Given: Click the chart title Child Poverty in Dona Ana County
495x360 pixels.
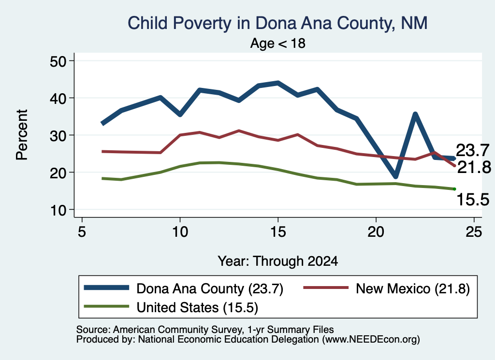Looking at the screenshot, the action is [277, 23].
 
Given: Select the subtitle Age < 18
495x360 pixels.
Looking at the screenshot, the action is [278, 43].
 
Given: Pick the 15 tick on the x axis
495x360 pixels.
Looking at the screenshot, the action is [278, 232].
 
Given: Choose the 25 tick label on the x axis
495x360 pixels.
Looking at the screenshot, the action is [474, 232].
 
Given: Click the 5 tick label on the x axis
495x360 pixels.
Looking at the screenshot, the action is [82, 232].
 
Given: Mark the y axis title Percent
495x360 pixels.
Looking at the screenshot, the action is [22, 135].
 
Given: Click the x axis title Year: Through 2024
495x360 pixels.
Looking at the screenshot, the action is [278, 261].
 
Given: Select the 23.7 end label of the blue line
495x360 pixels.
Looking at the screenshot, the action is [473, 150].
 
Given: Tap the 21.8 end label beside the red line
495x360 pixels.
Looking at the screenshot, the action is [474, 167].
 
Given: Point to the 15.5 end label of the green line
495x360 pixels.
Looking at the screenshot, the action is [473, 200].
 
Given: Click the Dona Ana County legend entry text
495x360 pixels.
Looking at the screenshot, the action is [210, 288].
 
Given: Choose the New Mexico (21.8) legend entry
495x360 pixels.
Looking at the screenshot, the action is [413, 288].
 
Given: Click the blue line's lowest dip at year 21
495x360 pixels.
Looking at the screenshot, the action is [395, 176].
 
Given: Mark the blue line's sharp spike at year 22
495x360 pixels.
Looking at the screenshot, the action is [415, 115].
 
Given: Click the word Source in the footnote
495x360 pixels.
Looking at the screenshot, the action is [93, 330].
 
